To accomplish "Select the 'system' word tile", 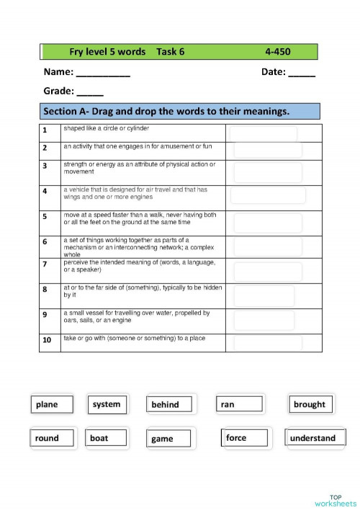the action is pyautogui.click(x=107, y=404).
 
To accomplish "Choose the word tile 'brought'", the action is pyautogui.click(x=309, y=405).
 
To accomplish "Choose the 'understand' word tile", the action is pyautogui.click(x=312, y=438).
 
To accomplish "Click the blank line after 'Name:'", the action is pyautogui.click(x=103, y=73).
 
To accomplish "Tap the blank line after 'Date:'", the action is pyautogui.click(x=302, y=73).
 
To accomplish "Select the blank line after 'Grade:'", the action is pyautogui.click(x=90, y=92).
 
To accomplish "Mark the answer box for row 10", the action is pyautogui.click(x=267, y=342).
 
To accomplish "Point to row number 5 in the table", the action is pyautogui.click(x=45, y=216).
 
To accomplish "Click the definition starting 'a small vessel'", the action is pyautogui.click(x=137, y=317).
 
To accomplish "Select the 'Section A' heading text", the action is pyautogui.click(x=166, y=112).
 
